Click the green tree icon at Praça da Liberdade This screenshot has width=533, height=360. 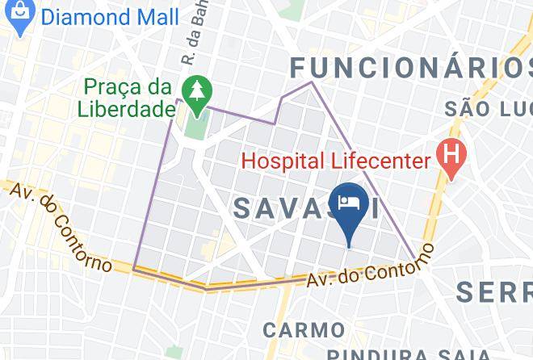(x=195, y=94)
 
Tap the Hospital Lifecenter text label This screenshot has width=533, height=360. (x=336, y=161)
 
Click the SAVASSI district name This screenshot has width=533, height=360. (x=307, y=207)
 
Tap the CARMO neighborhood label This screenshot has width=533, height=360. (x=303, y=329)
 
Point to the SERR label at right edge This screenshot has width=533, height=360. (x=493, y=291)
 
